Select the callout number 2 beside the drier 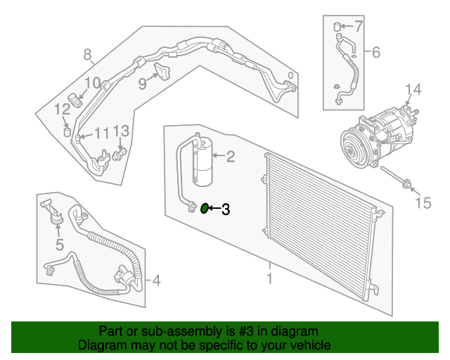click(x=229, y=157)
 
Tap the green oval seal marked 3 click(x=205, y=208)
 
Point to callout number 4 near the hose click(x=156, y=281)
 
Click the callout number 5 click(x=60, y=245)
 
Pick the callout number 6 click(x=375, y=52)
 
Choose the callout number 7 click(x=358, y=27)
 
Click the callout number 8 click(x=87, y=54)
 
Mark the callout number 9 click(x=142, y=84)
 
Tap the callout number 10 click(x=94, y=83)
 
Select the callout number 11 click(x=102, y=133)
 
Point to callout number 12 click(x=63, y=109)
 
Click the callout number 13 click(x=121, y=131)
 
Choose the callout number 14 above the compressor click(x=413, y=89)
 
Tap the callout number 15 click(x=422, y=203)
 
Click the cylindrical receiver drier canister click(x=204, y=163)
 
